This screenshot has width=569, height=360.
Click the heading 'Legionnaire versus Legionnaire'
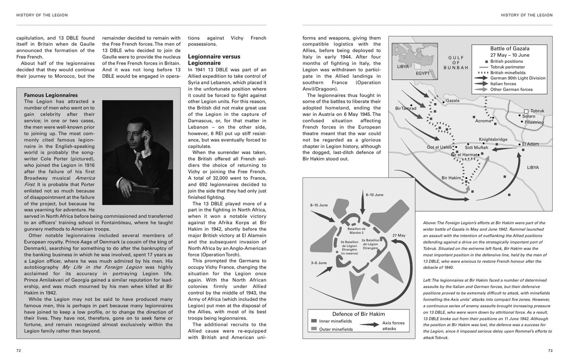point(214,60)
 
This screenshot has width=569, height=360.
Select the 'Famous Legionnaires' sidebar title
point(51,95)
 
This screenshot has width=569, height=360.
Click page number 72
point(19,351)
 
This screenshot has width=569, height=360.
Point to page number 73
point(550,351)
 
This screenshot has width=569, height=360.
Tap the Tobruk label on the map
point(537,111)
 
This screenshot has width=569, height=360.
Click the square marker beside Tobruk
point(526,111)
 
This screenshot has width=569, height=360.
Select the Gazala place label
point(453,100)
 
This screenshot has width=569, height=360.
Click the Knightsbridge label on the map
point(493,139)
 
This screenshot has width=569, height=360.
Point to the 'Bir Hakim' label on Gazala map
point(451,178)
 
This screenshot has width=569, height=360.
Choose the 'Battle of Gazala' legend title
point(510,48)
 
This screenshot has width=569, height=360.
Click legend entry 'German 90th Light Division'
point(518,78)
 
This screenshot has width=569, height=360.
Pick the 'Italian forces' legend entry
point(503,84)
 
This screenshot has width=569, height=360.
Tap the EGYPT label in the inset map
point(423,73)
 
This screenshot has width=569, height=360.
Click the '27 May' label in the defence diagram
point(399,236)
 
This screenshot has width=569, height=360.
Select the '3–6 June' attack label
point(319,263)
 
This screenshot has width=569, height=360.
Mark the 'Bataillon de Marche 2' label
point(356,231)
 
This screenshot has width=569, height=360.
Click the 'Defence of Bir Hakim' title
point(358,314)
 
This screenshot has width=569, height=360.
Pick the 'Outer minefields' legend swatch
point(314,329)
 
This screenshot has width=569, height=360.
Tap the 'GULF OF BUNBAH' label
point(456,63)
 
